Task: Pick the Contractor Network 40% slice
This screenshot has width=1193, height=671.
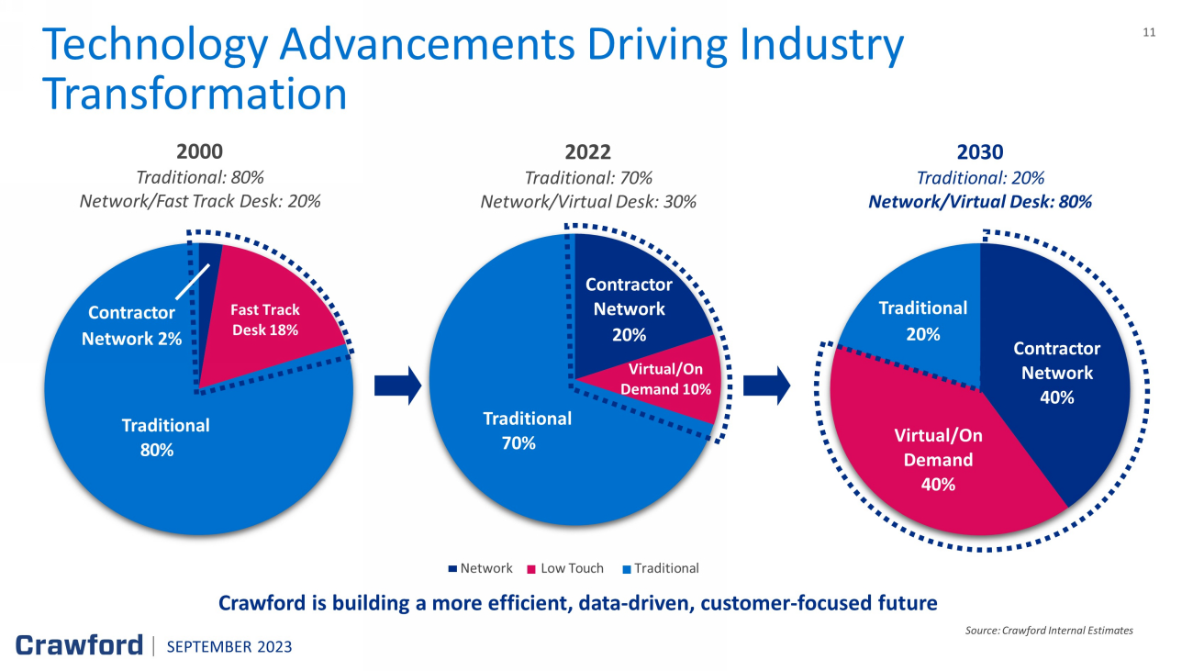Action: [x=1055, y=376]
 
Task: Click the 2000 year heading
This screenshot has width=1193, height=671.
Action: [x=200, y=151]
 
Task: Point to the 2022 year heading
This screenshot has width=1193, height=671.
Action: [x=588, y=151]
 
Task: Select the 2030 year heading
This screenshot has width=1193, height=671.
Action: [x=980, y=151]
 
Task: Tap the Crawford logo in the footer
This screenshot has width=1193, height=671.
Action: [x=80, y=645]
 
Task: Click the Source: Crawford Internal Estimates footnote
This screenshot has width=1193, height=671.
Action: [x=1049, y=630]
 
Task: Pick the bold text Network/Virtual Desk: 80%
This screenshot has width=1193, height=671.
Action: [x=980, y=202]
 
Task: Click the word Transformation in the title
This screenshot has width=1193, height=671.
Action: [x=195, y=94]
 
